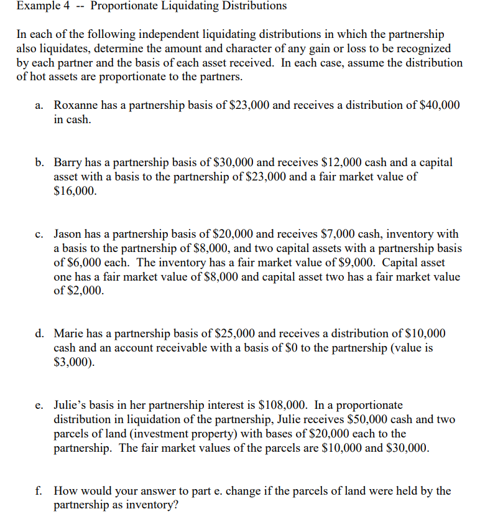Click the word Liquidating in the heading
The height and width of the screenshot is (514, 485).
point(201,6)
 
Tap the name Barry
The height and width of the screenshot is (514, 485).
point(68,162)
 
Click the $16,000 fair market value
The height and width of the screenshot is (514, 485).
point(75,191)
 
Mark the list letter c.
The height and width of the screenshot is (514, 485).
point(39,235)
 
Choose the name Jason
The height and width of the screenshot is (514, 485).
point(69,235)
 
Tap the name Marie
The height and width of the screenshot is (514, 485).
point(70,335)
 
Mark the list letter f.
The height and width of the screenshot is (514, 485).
point(39,491)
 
